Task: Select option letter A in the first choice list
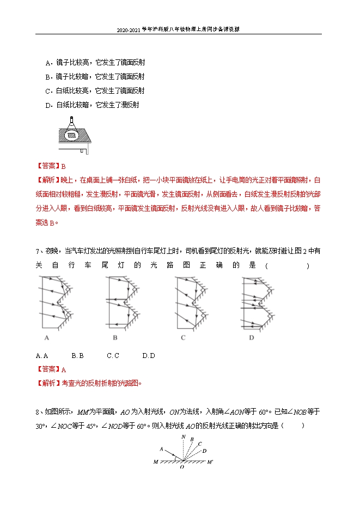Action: point(47,63)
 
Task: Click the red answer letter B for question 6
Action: point(63,166)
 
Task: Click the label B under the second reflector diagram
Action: point(115,338)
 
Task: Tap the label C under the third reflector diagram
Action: point(183,338)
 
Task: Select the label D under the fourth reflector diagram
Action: point(252,338)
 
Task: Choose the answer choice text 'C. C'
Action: point(113,356)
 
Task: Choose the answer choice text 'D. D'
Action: point(149,356)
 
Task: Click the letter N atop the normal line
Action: point(184,438)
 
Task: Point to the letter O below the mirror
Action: point(182,467)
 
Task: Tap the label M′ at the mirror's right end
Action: point(210,462)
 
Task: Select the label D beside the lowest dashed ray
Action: point(204,451)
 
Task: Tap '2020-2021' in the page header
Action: point(128,29)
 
